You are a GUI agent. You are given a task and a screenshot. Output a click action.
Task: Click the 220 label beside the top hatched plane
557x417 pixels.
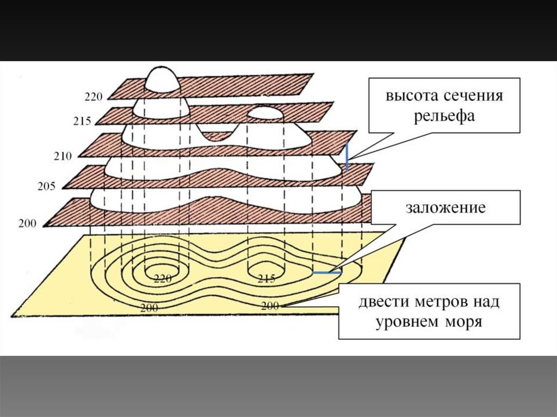(x=93, y=98)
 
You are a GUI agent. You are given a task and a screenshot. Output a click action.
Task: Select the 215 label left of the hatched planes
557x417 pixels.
(x=82, y=121)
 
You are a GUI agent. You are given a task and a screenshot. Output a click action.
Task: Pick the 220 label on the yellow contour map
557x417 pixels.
(x=163, y=279)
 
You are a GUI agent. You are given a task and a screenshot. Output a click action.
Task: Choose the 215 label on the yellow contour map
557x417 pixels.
(x=266, y=279)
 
